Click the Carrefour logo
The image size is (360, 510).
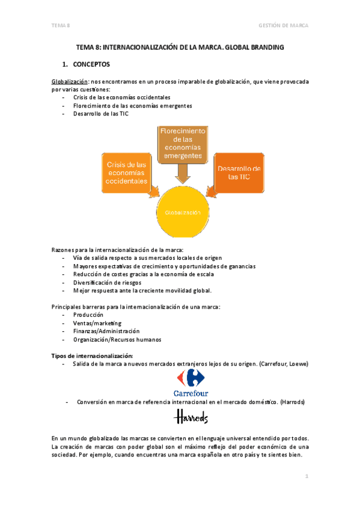tap(191, 384)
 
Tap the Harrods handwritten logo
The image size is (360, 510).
tap(191, 417)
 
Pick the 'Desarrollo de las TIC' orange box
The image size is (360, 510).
tap(239, 173)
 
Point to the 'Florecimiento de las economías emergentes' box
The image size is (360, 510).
tap(182, 143)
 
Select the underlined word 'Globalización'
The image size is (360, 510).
tap(70, 81)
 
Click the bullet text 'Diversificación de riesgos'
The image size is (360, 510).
tap(107, 282)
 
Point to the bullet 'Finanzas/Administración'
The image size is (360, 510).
tap(106, 331)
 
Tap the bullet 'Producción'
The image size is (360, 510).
tap(88, 315)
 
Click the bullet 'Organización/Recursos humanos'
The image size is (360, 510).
tap(117, 339)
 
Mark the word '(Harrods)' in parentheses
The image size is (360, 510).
tap(290, 401)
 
